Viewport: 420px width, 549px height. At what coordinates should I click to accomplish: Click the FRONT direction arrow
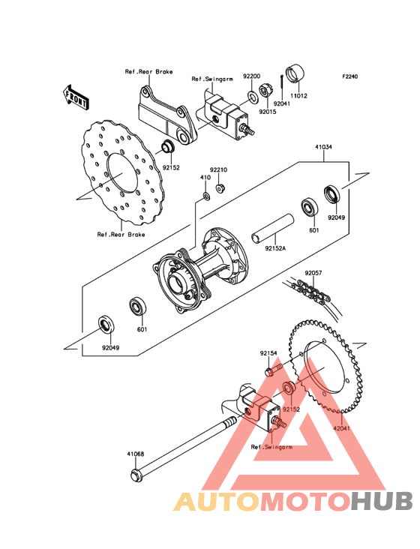tap(76, 97)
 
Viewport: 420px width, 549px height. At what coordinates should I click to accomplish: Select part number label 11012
tap(298, 95)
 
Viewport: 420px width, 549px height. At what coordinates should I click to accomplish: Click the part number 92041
tap(282, 103)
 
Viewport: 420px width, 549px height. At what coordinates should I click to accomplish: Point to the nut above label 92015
tap(264, 91)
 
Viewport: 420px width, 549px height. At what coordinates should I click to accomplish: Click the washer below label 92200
tap(252, 95)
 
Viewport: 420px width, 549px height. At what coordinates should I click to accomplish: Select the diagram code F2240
tap(350, 76)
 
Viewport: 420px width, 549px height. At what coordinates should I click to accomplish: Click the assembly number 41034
tap(323, 147)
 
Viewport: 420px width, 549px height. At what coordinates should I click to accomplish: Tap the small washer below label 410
tap(206, 196)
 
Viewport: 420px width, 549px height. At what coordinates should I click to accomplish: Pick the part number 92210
tap(218, 169)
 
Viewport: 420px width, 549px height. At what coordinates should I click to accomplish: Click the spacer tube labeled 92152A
tap(273, 228)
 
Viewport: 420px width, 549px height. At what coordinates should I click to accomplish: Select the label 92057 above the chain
tap(313, 273)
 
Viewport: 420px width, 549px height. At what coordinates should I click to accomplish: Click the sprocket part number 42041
tap(341, 428)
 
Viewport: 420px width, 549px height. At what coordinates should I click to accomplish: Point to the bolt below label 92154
tap(273, 370)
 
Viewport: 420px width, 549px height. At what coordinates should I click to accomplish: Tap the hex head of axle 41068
tap(136, 475)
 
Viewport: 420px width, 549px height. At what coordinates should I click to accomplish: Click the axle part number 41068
tap(136, 454)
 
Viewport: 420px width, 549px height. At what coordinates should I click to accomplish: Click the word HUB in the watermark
tap(382, 502)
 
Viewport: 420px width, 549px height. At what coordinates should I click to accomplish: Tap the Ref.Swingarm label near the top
tap(212, 79)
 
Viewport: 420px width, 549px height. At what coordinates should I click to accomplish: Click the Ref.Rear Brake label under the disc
tap(121, 234)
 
